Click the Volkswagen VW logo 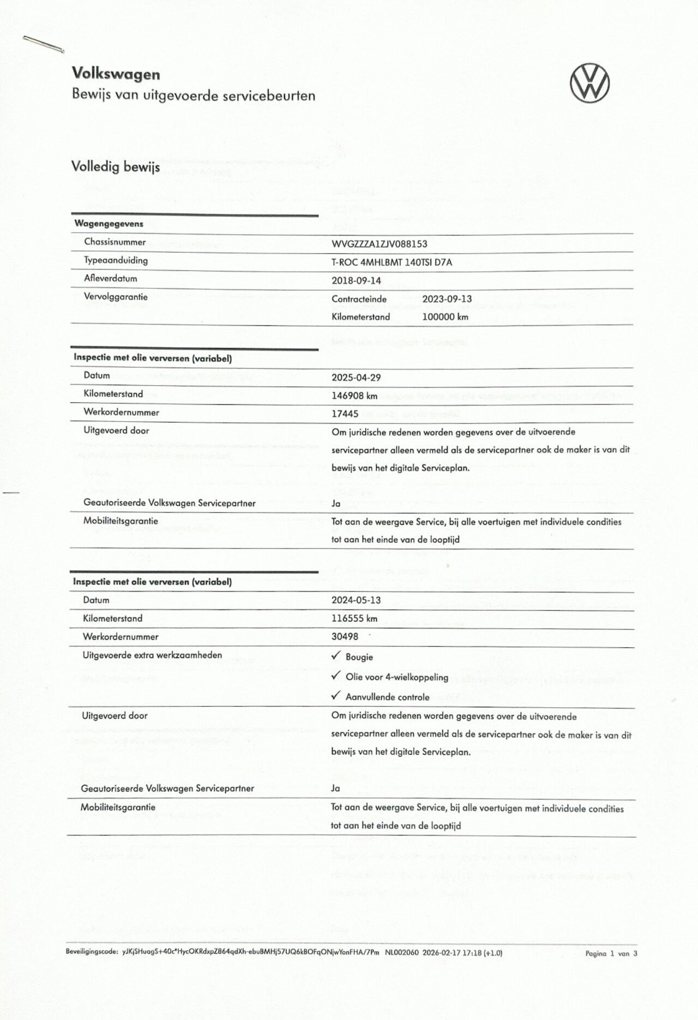pos(589,83)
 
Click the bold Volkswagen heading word pos(116,74)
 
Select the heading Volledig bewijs pos(116,166)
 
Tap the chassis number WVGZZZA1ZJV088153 pos(379,244)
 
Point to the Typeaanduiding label pos(116,260)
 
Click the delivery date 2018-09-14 pos(356,281)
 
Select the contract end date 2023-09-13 pos(447,299)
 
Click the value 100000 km pos(445,317)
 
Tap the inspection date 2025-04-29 pos(356,378)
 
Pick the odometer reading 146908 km pos(354,396)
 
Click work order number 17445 pos(345,414)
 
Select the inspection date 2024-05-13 pos(356,600)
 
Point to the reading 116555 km pos(354,618)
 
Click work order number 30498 pos(345,636)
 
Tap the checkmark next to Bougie pos(336,655)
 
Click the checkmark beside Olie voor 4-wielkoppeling pos(336,676)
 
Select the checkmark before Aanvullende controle pos(336,696)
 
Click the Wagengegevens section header pos(109,224)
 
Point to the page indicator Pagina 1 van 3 pos(611,953)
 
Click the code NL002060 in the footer pos(401,953)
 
